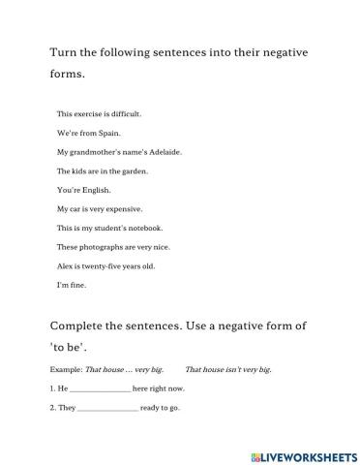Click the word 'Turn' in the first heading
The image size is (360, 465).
click(x=63, y=52)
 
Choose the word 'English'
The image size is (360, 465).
click(x=96, y=190)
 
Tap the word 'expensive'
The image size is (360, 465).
click(x=124, y=208)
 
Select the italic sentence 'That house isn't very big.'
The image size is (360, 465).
click(x=228, y=370)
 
